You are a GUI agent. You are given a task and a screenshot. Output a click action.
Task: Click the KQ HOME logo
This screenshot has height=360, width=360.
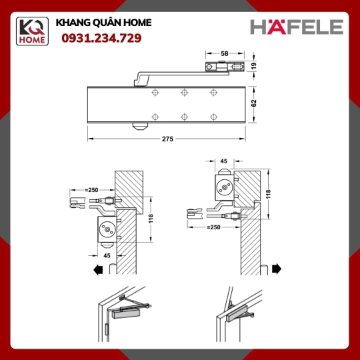point(32,31)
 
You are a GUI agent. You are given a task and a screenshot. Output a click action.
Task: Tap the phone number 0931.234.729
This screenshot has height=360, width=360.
point(101,38)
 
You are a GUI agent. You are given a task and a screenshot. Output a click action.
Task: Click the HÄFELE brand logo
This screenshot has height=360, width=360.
point(297,27)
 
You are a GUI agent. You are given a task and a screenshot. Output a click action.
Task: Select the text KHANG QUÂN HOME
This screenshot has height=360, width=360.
point(103,23)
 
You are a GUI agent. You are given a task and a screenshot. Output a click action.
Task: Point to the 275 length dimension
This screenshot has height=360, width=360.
point(167,139)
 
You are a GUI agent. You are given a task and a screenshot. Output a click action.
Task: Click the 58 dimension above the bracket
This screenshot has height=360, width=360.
point(224,53)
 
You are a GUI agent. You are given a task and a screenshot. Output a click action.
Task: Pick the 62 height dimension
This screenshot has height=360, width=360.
point(254,103)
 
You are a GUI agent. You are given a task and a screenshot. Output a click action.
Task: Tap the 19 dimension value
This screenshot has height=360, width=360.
point(253,66)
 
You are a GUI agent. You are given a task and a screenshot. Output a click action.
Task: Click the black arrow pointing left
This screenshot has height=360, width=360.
point(98,269)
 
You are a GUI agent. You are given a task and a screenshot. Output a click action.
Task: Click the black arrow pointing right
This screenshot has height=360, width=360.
point(277,269)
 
